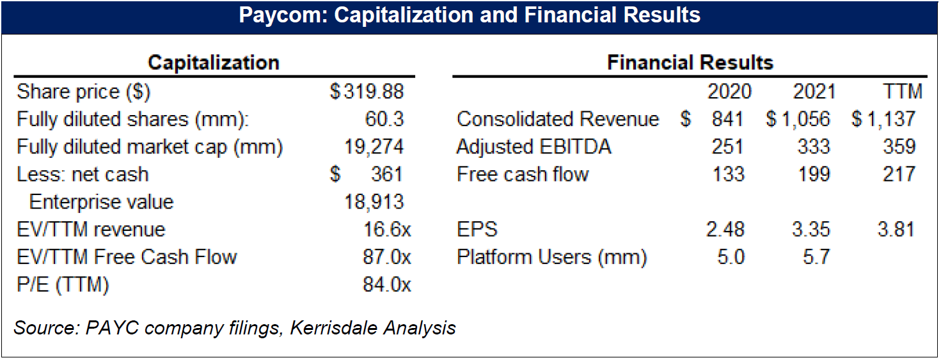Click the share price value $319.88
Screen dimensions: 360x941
(x=367, y=91)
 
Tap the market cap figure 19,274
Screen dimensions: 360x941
(x=375, y=146)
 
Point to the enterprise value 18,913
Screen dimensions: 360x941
(x=375, y=202)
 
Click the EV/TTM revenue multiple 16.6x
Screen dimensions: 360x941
(x=387, y=230)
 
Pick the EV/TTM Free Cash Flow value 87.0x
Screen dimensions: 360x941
(x=387, y=257)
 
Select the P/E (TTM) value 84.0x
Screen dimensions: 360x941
(x=387, y=285)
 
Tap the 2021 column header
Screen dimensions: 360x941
(x=814, y=91)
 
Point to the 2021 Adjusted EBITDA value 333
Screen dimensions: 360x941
(x=814, y=146)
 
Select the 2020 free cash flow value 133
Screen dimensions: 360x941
(x=728, y=174)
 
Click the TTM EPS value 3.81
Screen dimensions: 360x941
(x=896, y=230)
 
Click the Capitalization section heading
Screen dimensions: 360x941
(x=213, y=63)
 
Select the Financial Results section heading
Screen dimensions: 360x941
(x=690, y=63)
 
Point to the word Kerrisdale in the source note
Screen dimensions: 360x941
(x=333, y=328)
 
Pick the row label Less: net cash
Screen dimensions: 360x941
(x=83, y=174)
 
